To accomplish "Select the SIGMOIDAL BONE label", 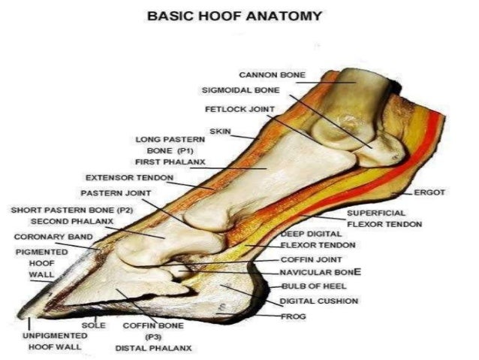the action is click(240, 90).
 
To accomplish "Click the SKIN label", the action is click(220, 132).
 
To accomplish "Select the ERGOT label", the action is click(430, 192).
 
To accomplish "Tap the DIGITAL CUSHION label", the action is click(318, 301).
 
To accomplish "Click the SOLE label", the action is click(93, 325).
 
